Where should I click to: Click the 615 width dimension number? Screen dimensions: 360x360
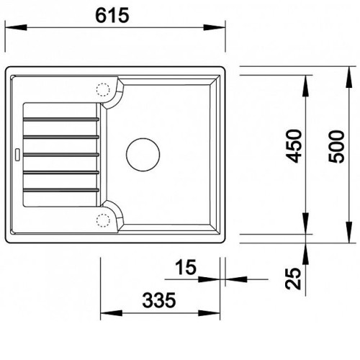coord(112,15)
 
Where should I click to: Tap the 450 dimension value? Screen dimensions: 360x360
coord(294,146)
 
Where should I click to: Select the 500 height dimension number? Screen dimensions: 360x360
coord(336,147)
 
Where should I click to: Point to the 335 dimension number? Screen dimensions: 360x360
coord(159,300)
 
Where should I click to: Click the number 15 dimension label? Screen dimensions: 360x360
coord(186,267)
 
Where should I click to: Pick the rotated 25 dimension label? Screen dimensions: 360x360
coord(293,278)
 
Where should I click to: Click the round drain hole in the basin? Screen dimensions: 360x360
coord(143,155)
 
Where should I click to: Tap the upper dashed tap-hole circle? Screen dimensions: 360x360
coord(103,90)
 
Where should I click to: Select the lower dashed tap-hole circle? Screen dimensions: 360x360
coord(103,220)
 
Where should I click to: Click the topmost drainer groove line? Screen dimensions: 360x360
coord(61,119)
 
